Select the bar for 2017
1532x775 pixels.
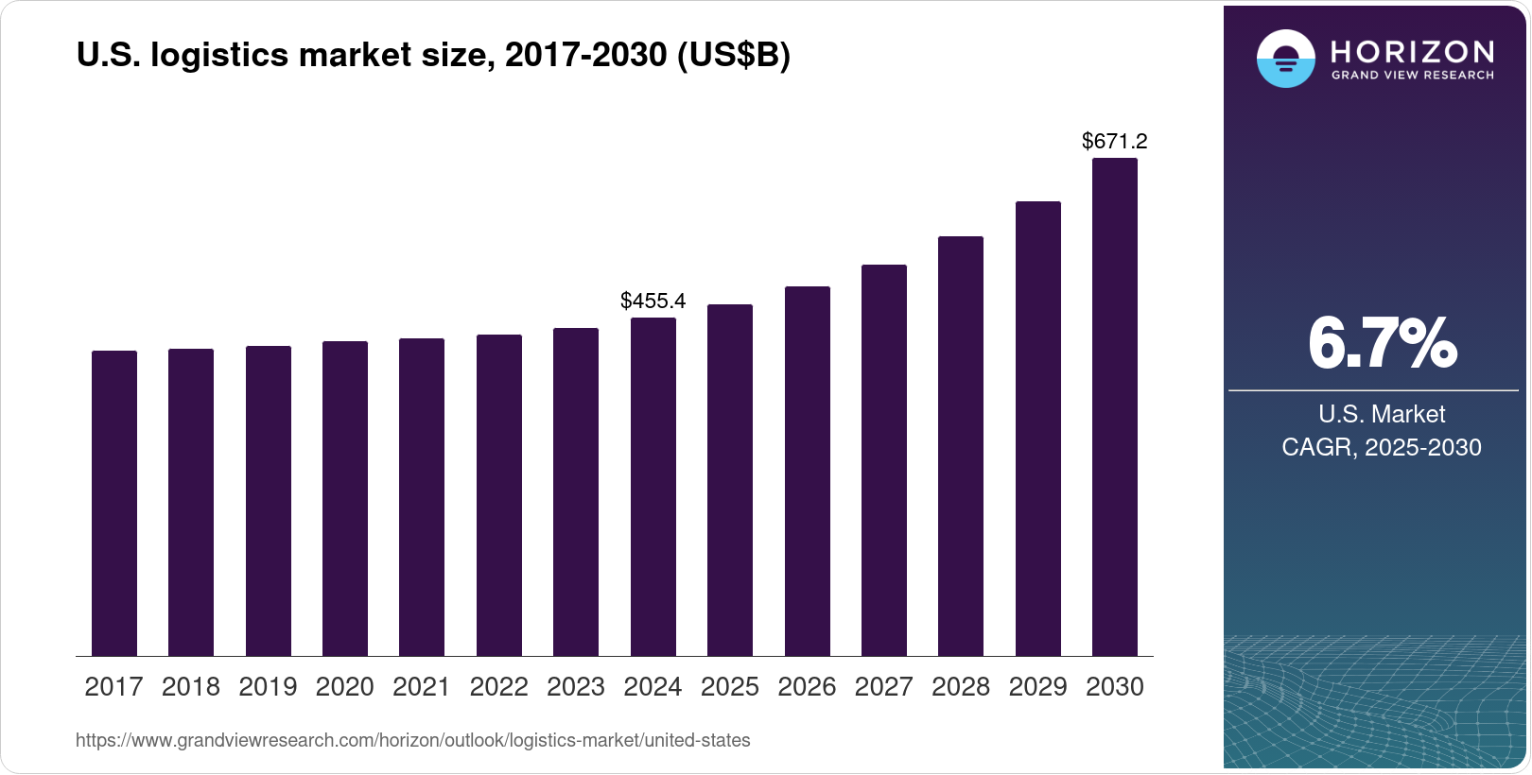114,503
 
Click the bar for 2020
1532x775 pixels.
345,498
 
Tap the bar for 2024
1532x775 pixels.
653,487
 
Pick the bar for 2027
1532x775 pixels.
884,460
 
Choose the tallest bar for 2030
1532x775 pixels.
1115,406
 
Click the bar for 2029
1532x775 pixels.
1038,428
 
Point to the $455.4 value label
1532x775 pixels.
653,301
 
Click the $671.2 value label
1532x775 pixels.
1114,141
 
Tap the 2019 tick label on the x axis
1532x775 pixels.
268,687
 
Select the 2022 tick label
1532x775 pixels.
498,687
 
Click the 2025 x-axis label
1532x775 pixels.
730,687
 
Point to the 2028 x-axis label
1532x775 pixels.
961,687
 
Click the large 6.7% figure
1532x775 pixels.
1382,343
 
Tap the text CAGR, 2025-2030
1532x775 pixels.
1381,447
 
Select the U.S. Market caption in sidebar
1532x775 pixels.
1382,414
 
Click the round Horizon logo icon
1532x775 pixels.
1285,59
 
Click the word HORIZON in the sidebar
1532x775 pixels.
1412,51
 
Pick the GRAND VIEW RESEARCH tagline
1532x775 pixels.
1412,76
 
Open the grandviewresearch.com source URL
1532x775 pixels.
412,740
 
